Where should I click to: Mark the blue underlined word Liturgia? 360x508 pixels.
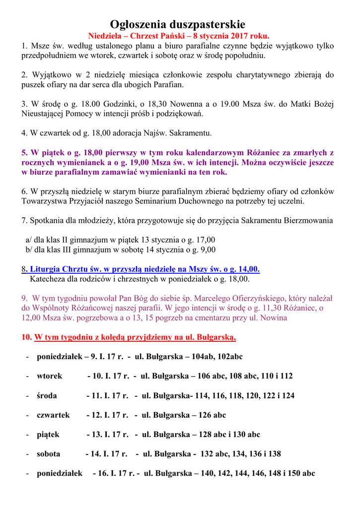click(x=45, y=269)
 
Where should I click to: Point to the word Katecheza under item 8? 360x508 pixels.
click(x=48, y=279)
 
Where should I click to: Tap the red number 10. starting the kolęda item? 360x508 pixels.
click(x=26, y=337)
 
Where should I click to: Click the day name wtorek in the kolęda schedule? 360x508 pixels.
click(x=49, y=376)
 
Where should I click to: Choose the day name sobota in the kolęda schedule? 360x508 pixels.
click(x=48, y=453)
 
